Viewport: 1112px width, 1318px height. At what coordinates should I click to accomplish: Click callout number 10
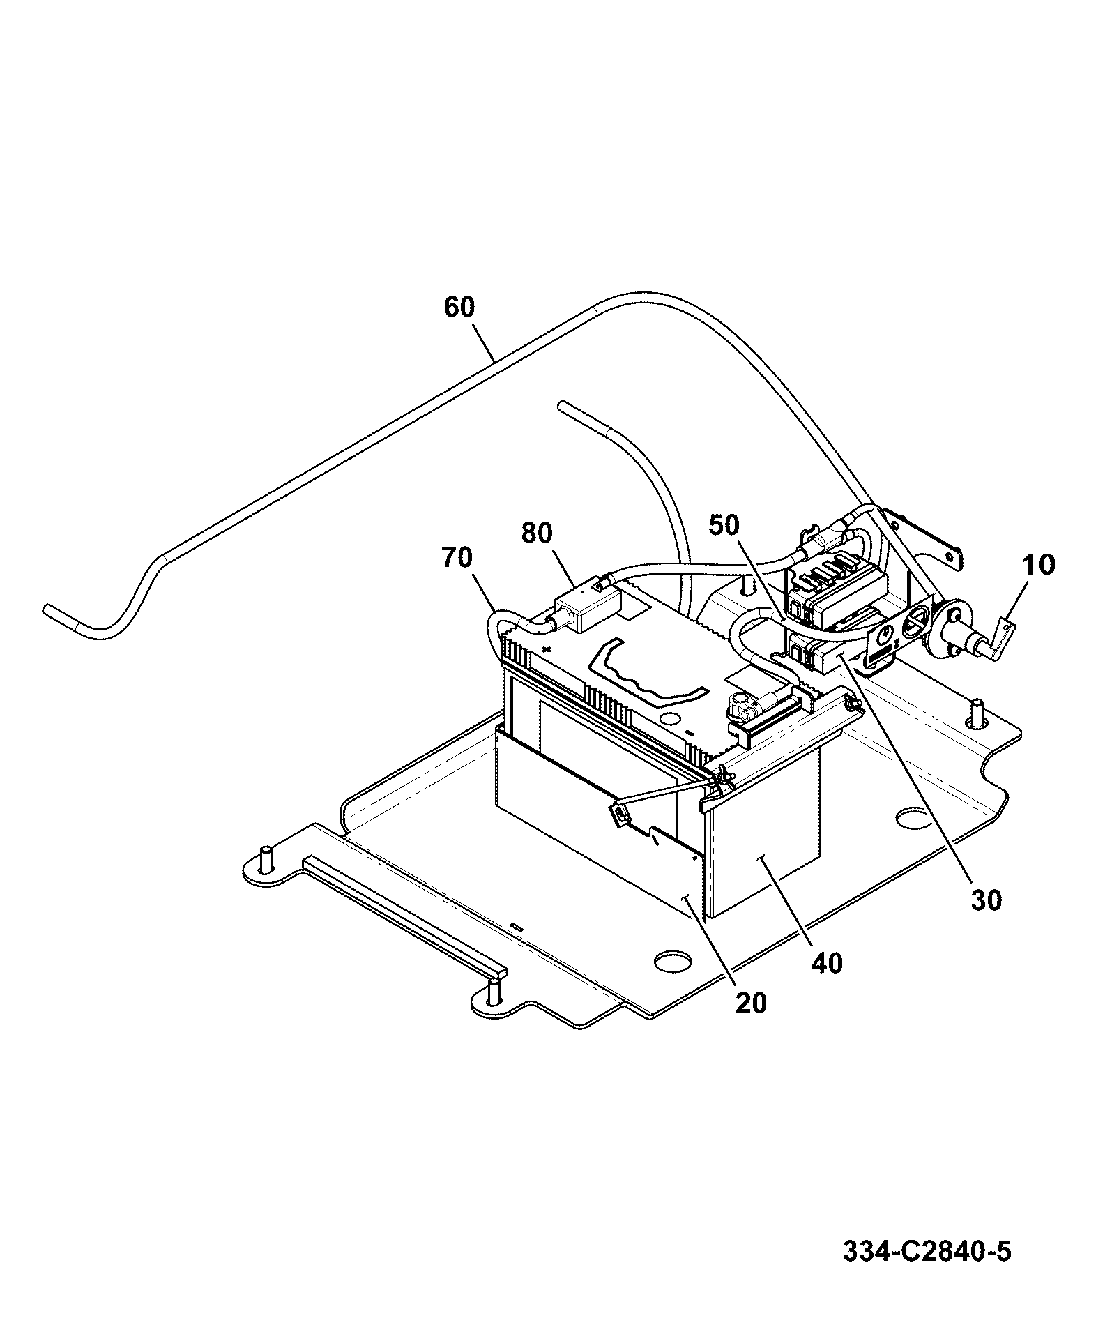click(1038, 564)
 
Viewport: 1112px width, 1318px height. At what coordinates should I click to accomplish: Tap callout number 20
click(749, 1003)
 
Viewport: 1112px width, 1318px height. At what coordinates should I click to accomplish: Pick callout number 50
click(724, 525)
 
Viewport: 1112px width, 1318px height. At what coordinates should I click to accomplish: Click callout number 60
click(459, 307)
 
